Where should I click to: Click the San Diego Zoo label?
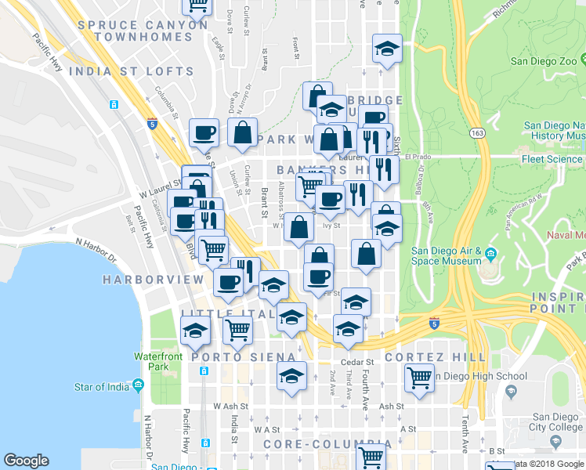pyautogui.click(x=548, y=60)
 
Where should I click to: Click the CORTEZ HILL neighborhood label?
pyautogui.click(x=436, y=356)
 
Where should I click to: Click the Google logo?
pyautogui.click(x=26, y=461)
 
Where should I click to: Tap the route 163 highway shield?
pyautogui.click(x=476, y=133)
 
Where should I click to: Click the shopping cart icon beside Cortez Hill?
pyautogui.click(x=419, y=378)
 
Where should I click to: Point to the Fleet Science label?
pyautogui.click(x=553, y=159)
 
